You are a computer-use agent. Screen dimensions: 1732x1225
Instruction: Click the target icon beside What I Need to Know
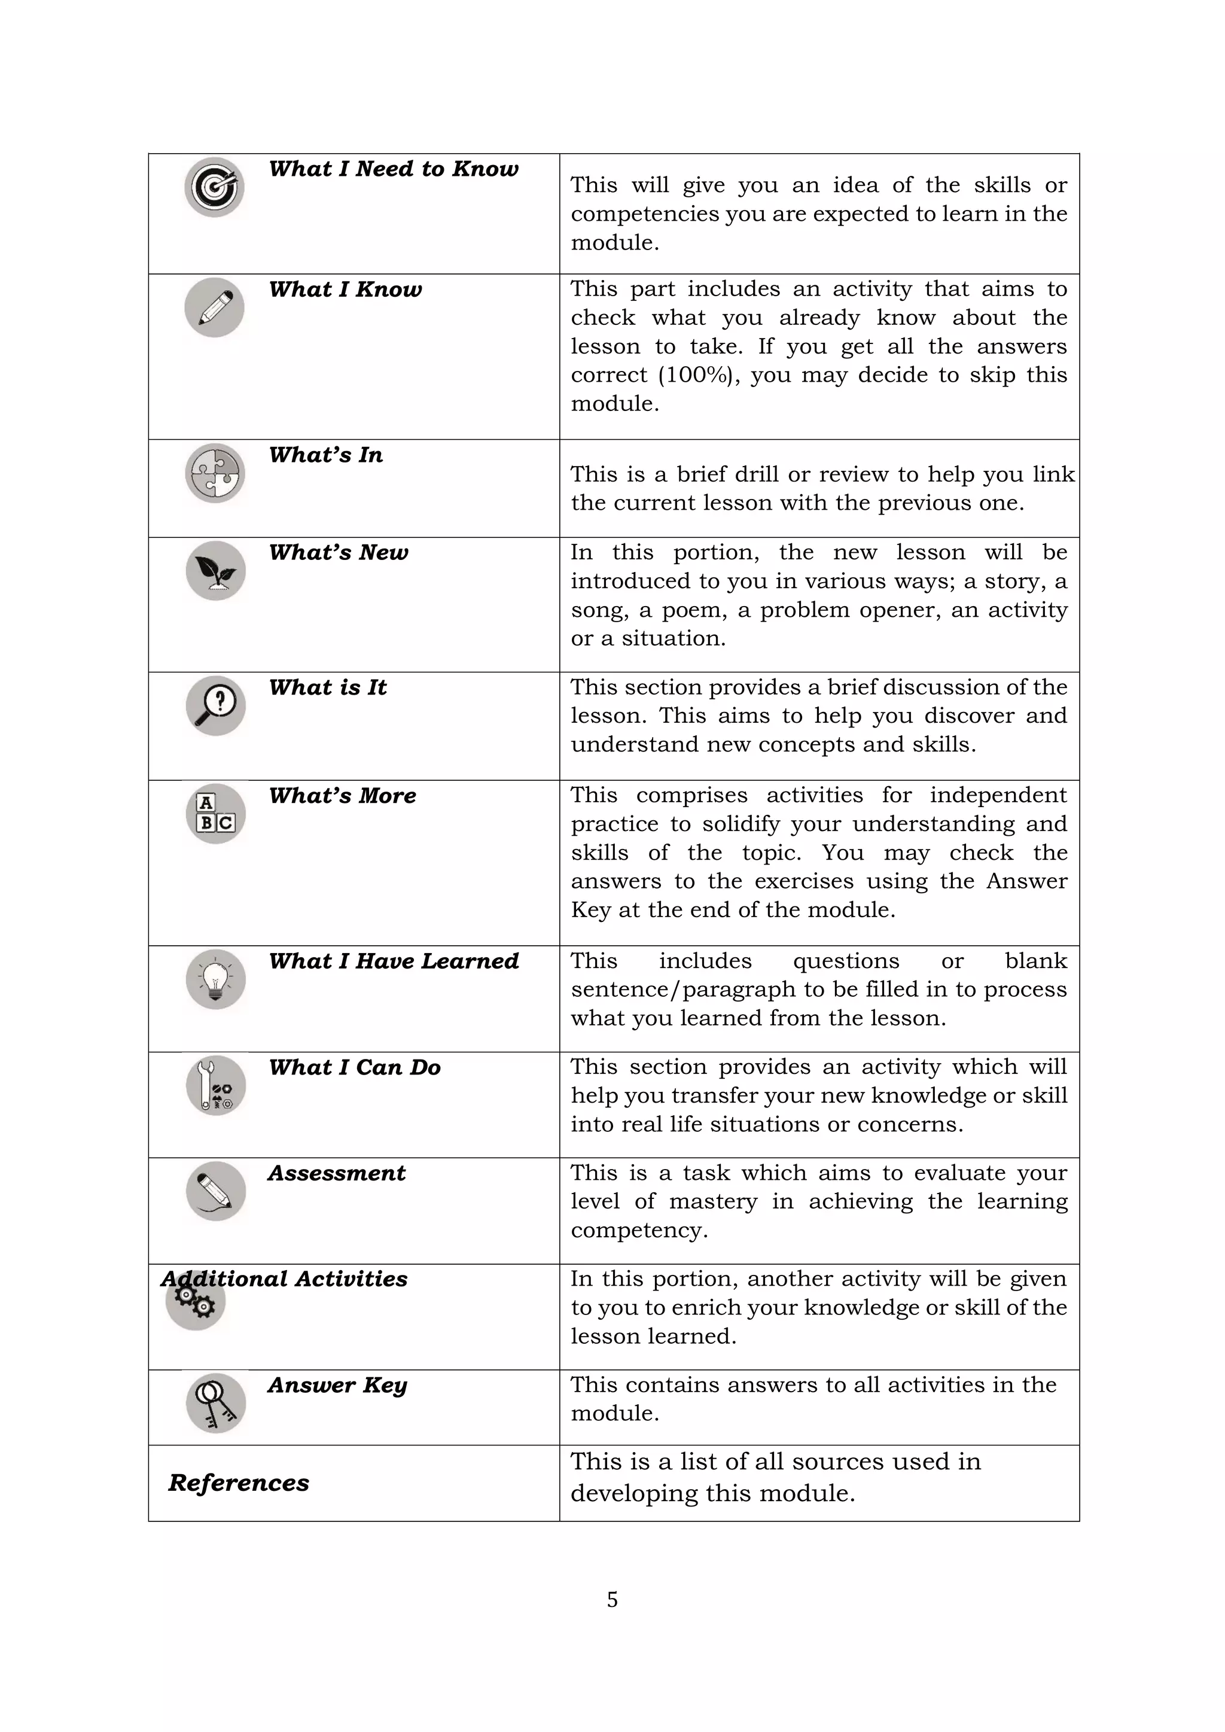click(x=214, y=187)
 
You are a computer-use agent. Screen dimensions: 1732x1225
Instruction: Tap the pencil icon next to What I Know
click(x=214, y=307)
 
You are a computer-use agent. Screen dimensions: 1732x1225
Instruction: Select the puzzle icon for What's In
click(x=215, y=473)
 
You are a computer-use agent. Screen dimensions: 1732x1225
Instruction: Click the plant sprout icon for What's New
click(x=216, y=570)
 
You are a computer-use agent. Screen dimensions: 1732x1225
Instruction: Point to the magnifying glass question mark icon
click(x=216, y=705)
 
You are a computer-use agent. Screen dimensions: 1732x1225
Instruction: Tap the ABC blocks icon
click(x=216, y=813)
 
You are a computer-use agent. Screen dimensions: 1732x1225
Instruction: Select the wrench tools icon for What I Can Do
click(x=216, y=1085)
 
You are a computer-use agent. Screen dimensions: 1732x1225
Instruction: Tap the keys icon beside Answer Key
click(x=216, y=1402)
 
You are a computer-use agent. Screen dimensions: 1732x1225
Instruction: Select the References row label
click(x=239, y=1483)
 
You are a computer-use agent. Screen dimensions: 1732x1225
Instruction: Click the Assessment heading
click(x=336, y=1173)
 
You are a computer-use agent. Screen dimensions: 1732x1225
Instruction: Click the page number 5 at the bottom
click(x=612, y=1600)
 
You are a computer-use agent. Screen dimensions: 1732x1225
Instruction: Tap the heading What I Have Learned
click(x=393, y=961)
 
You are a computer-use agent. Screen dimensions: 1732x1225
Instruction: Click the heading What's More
click(x=343, y=796)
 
